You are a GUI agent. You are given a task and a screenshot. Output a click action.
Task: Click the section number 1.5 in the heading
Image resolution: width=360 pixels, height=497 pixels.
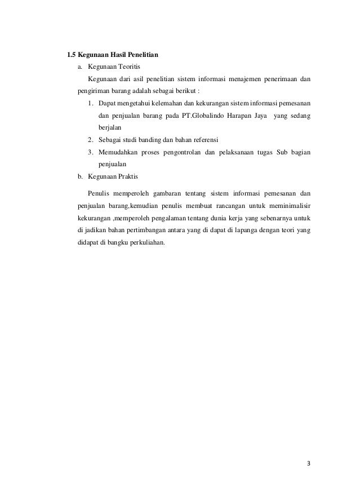[x=71, y=55]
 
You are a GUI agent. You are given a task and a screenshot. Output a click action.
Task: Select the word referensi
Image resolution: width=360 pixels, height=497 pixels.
[x=204, y=140]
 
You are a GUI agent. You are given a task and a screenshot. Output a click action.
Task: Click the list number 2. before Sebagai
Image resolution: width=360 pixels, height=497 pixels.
[x=91, y=140]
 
